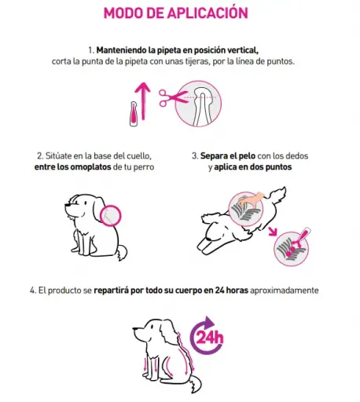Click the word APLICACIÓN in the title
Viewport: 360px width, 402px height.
pos(208,13)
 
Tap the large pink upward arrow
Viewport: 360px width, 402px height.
pos(143,101)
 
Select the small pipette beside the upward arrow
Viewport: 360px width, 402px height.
pos(134,114)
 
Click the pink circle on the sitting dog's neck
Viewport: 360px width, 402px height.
pos(111,216)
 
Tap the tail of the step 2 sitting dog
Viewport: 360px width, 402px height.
pos(122,252)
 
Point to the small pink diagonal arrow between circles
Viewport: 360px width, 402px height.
pos(273,232)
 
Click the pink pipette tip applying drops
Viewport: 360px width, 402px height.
pos(301,236)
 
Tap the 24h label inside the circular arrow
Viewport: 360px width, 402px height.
pos(210,338)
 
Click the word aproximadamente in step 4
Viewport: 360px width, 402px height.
pos(285,291)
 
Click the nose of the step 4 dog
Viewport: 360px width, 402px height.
pos(134,328)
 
